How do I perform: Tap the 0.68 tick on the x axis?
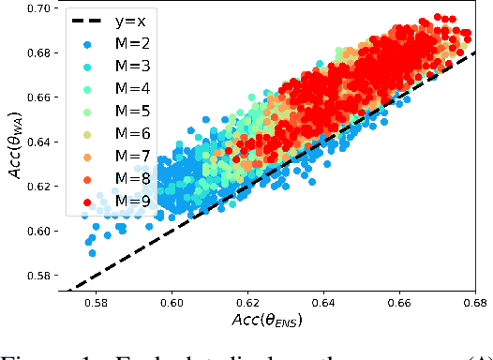click(x=474, y=304)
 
